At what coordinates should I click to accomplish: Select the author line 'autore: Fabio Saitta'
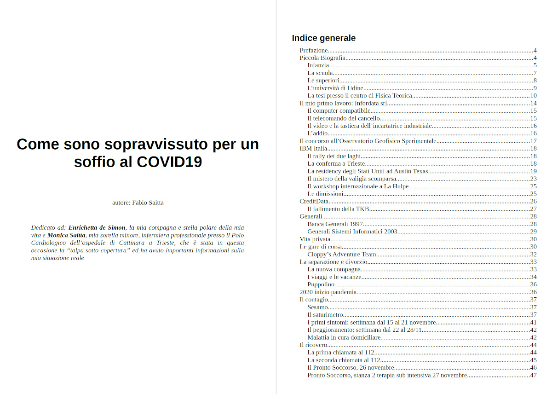coord(138,203)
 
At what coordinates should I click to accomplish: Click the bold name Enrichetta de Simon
coord(97,227)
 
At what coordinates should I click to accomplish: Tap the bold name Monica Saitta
coord(67,235)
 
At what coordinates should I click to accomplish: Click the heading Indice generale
coord(323,38)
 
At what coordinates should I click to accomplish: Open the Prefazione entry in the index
coord(314,50)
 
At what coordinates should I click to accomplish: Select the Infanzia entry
coord(318,65)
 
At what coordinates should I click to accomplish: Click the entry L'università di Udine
coord(336,88)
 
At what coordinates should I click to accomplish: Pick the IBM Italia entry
coord(313,148)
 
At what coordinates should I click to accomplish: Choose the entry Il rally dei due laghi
coord(334,156)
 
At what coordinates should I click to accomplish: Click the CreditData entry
coord(314,201)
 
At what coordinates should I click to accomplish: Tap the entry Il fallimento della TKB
coord(339,209)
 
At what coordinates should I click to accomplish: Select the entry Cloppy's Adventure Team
coord(342,254)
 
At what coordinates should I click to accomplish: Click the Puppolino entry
coord(321,284)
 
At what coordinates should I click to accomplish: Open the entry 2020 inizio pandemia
coord(328,292)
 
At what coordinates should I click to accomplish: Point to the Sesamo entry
coord(318,307)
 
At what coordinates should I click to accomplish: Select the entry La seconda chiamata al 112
coord(344,360)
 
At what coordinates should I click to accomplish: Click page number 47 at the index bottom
coord(534,375)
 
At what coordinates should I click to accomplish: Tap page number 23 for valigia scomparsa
coord(534,179)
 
